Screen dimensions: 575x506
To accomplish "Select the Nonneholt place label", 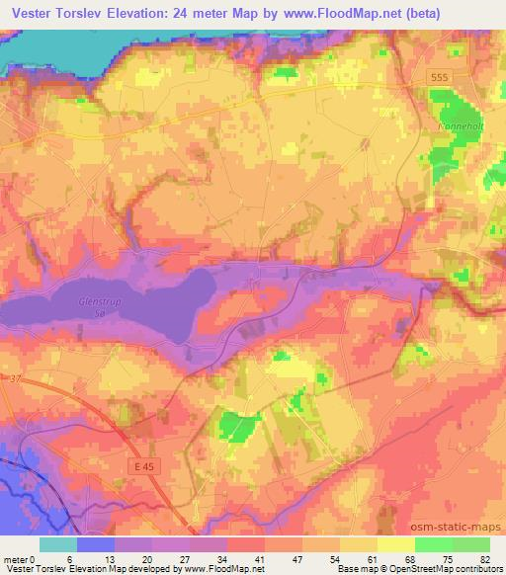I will pos(457,127).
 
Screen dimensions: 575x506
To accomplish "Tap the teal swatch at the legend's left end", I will pos(57,544).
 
